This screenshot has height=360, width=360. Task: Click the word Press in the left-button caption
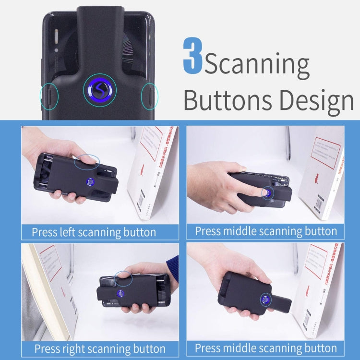[44, 232]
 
